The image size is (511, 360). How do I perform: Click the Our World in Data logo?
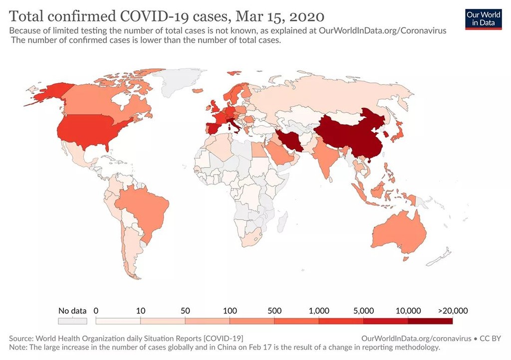point(483,18)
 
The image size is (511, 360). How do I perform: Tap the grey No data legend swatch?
point(72,322)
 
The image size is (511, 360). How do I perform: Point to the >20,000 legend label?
point(453,311)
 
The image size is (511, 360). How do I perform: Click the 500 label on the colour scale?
point(274,311)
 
